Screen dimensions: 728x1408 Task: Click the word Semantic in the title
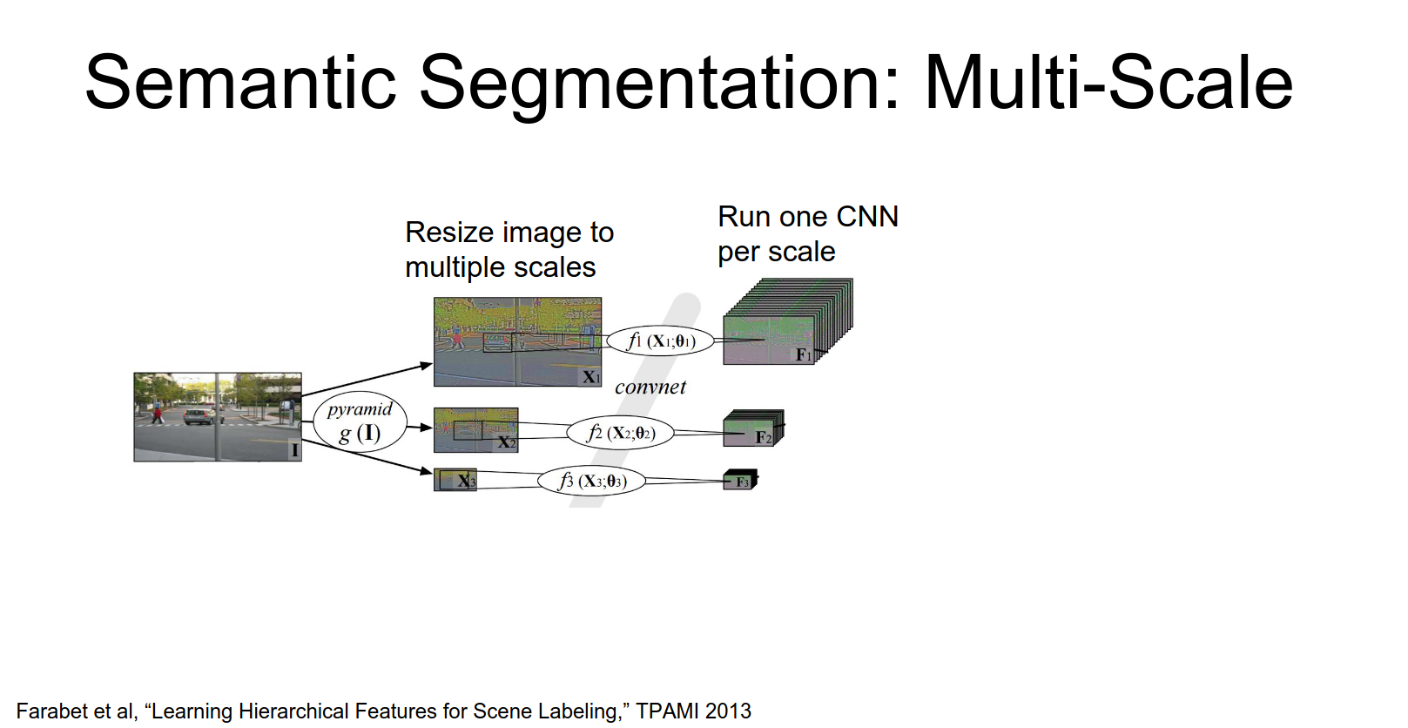(240, 83)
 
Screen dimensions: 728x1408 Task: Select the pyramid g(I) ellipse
(360, 421)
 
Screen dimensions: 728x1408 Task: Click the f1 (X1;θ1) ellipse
(661, 340)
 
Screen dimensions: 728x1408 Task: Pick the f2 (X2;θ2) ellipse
(620, 433)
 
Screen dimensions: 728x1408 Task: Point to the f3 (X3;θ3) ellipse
(591, 481)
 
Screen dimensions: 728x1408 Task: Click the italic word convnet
(650, 388)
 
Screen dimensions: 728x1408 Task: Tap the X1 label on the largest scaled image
(591, 377)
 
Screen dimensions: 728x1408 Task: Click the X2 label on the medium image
(506, 442)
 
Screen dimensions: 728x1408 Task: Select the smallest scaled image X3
(455, 480)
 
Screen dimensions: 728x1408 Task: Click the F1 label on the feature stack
(803, 354)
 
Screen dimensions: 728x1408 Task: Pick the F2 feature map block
(752, 429)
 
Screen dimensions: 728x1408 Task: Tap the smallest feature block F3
(740, 481)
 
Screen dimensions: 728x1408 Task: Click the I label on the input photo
(294, 450)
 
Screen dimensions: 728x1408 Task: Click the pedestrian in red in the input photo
(158, 413)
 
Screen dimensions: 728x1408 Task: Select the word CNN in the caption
(866, 217)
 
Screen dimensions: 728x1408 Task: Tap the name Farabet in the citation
(51, 711)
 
